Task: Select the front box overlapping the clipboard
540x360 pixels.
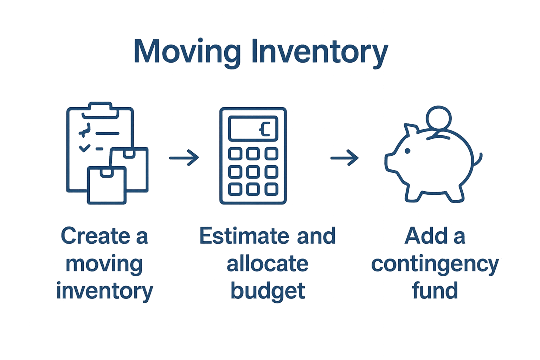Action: point(107,185)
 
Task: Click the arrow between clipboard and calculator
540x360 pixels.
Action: point(184,158)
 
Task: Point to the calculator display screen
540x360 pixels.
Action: point(253,128)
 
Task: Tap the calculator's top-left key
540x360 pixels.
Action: point(235,154)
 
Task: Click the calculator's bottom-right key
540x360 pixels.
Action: point(271,189)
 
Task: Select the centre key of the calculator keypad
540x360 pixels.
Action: point(253,172)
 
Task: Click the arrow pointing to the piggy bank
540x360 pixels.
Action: point(345,158)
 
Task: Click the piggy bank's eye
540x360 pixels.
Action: point(407,151)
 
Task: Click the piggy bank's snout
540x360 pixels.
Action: point(389,162)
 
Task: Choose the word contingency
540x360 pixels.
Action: point(435,264)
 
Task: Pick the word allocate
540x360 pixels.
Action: point(267,264)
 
